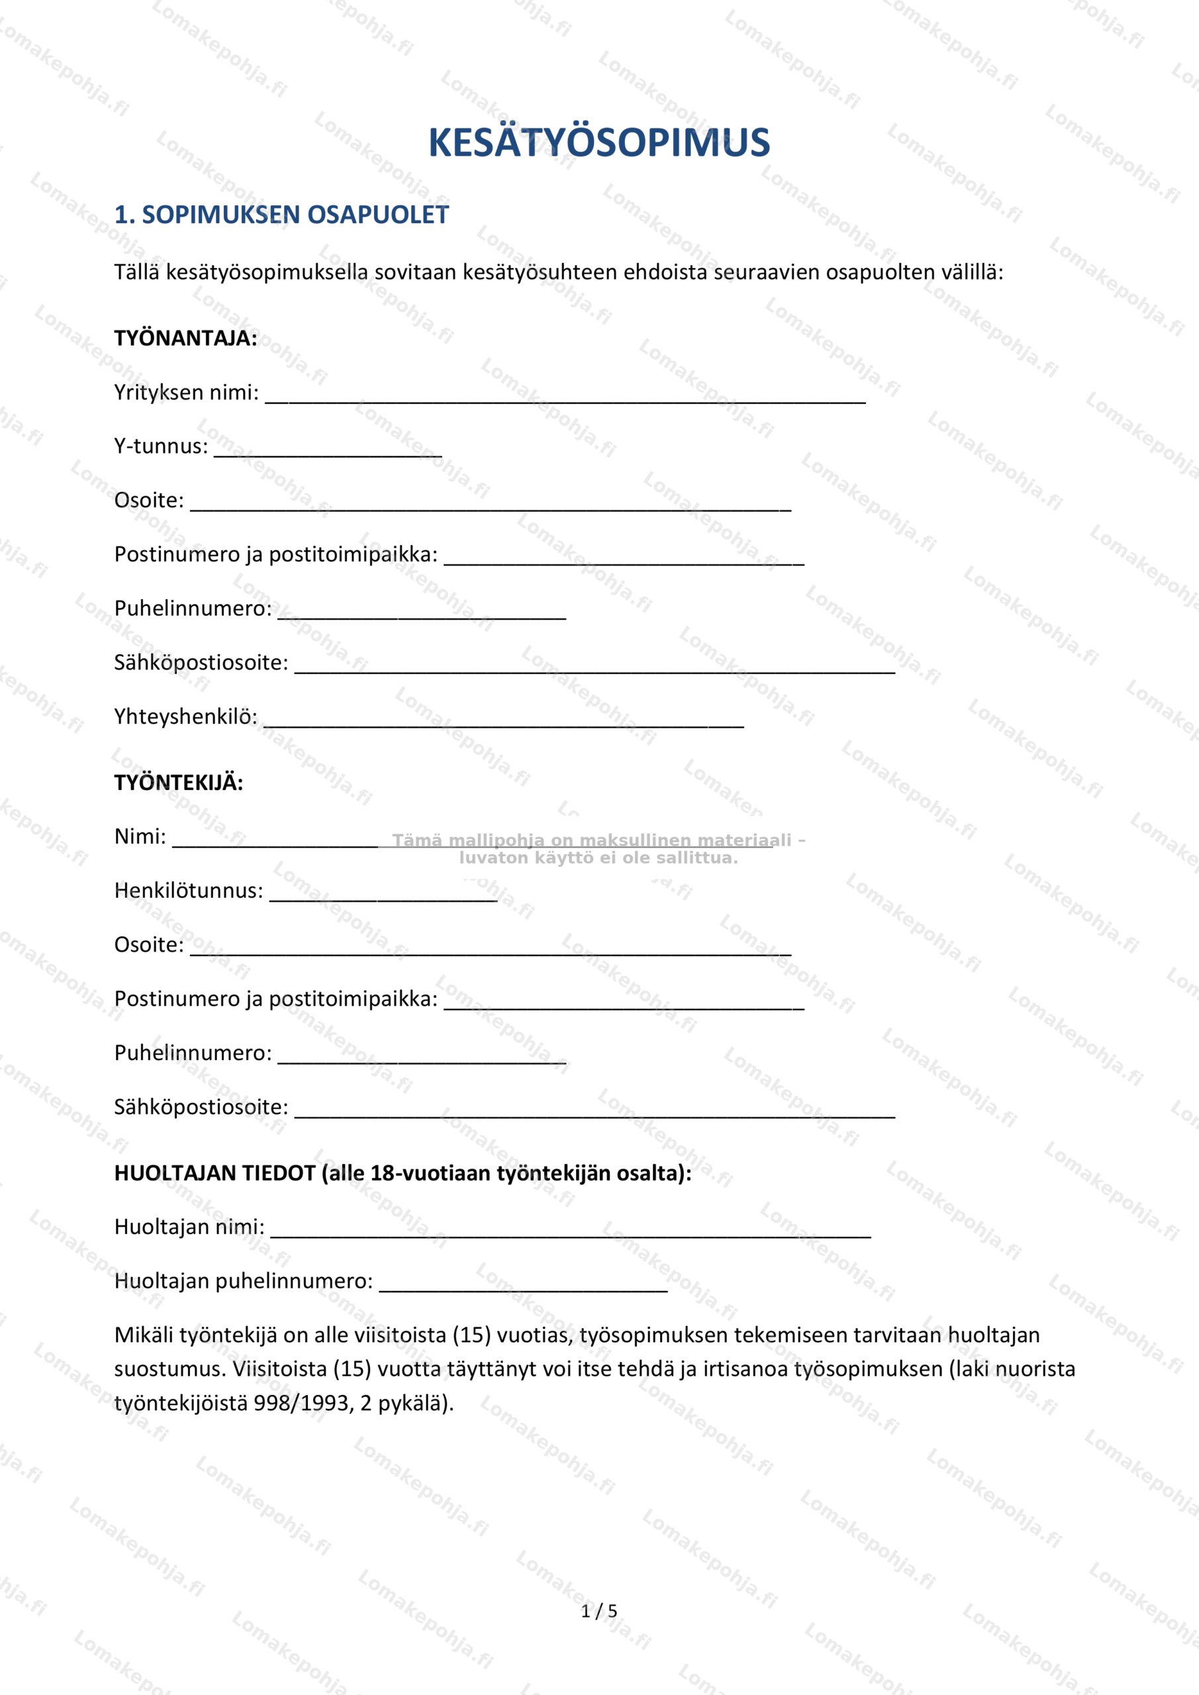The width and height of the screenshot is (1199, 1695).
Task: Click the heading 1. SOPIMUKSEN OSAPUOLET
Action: (x=281, y=215)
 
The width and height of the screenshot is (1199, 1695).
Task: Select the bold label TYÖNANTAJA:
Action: (x=185, y=338)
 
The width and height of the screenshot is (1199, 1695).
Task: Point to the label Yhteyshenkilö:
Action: (x=185, y=716)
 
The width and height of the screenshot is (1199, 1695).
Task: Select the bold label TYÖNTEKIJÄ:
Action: (x=179, y=783)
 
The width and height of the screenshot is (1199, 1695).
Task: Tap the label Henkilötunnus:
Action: (x=188, y=891)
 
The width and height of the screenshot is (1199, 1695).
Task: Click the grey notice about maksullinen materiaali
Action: (x=598, y=849)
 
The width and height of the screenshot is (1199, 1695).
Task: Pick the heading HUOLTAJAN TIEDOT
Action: (x=403, y=1173)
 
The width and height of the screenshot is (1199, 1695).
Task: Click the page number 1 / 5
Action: (x=599, y=1611)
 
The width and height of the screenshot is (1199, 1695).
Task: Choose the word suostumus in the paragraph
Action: (x=169, y=1369)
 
